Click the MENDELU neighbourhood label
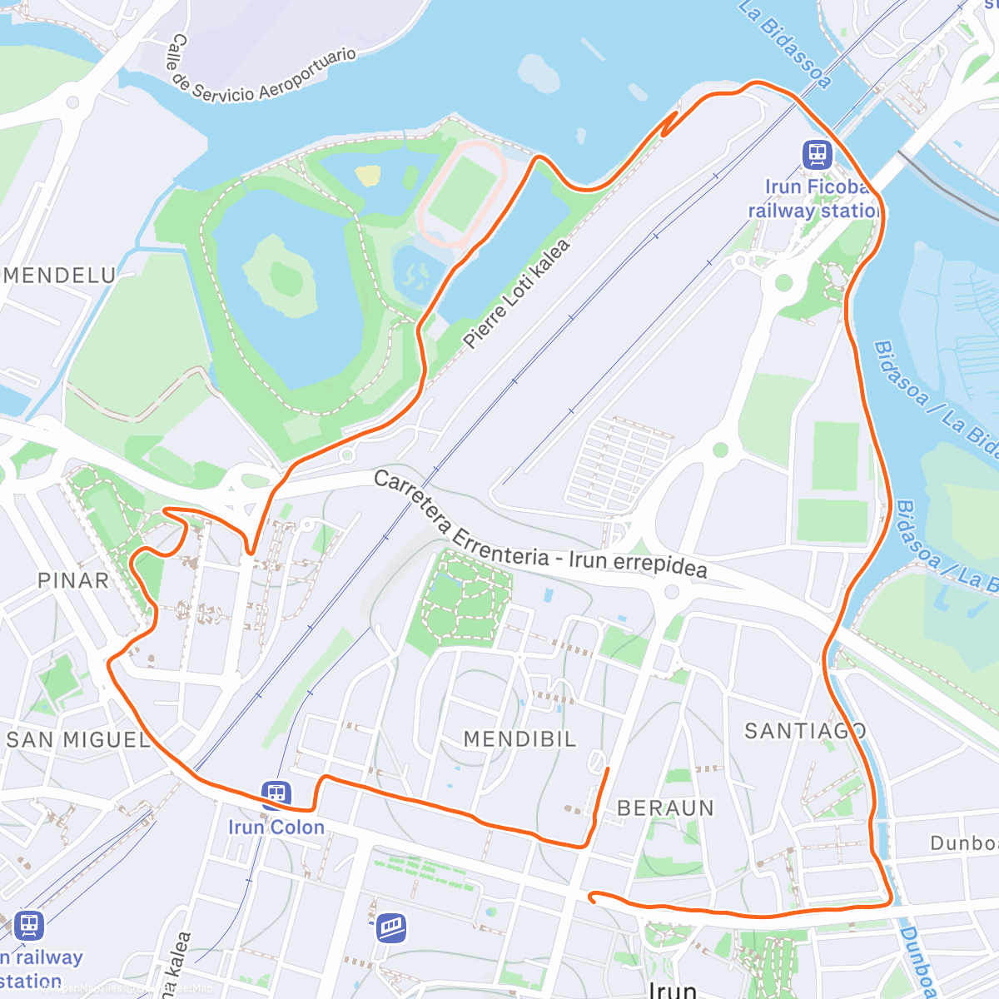[x=60, y=276]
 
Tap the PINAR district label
[x=73, y=580]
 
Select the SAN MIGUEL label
[x=78, y=739]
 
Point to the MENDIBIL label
[x=519, y=738]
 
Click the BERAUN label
[x=665, y=808]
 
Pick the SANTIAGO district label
[x=805, y=731]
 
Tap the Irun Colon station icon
[x=276, y=794]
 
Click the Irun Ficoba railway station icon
[x=818, y=154]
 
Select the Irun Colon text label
[x=276, y=828]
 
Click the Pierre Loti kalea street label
[x=517, y=293]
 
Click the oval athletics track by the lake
[x=461, y=192]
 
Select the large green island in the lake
[x=277, y=275]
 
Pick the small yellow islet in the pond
[x=368, y=176]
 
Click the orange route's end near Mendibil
[x=608, y=768]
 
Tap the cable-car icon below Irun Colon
[x=390, y=927]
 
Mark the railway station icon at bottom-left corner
[x=28, y=924]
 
